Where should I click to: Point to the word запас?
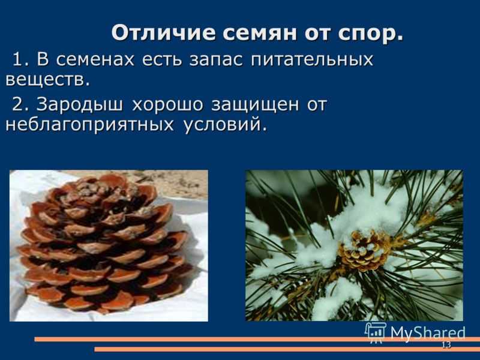point(216,59)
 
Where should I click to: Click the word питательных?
point(311,59)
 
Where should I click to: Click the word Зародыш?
point(80,104)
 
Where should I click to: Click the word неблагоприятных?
point(89,125)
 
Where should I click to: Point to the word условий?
point(223,125)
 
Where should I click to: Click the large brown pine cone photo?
point(109,245)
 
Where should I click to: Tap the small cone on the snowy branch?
point(364,251)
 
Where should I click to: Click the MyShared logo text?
point(428,333)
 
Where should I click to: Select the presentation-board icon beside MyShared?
point(376,332)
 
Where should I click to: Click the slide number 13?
point(446,345)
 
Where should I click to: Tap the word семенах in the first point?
point(95,59)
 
